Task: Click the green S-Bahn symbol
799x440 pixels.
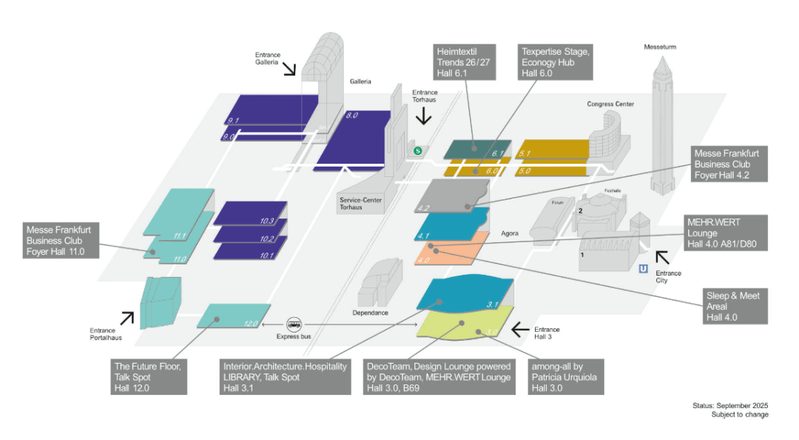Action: point(418,150)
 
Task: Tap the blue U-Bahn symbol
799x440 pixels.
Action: point(644,269)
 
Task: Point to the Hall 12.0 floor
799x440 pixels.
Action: point(234,316)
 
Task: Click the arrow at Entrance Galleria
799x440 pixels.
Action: point(288,69)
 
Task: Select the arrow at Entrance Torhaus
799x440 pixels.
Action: point(424,116)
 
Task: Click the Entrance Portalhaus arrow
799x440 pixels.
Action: point(127,318)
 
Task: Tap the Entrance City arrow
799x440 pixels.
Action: point(662,257)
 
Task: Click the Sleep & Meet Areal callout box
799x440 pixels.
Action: point(736,306)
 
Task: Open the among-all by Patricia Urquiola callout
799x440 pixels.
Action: point(567,377)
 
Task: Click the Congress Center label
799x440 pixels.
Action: point(610,104)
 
